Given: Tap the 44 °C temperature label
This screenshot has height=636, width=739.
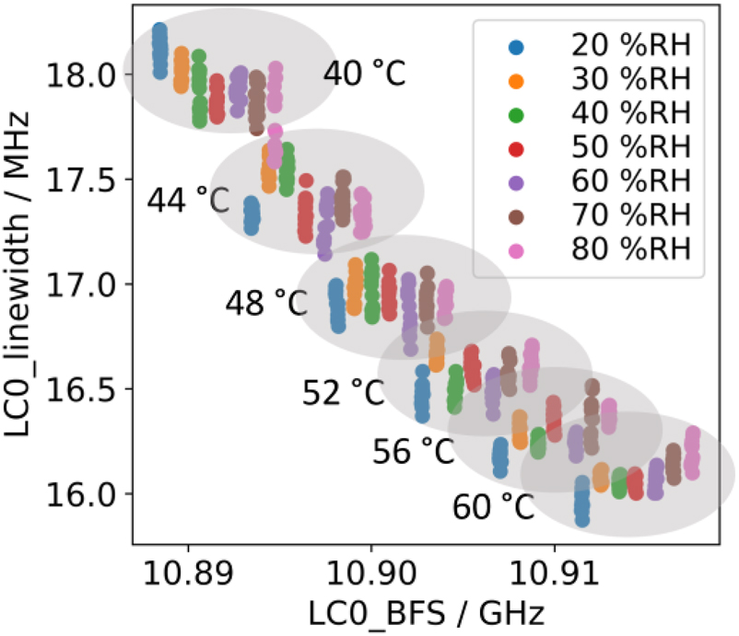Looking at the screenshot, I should click(187, 200).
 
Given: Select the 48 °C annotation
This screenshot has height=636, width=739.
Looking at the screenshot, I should click(266, 304).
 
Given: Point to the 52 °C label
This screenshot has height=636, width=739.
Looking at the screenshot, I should click(343, 393).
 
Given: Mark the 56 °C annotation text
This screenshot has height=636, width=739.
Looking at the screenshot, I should click(414, 451).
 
